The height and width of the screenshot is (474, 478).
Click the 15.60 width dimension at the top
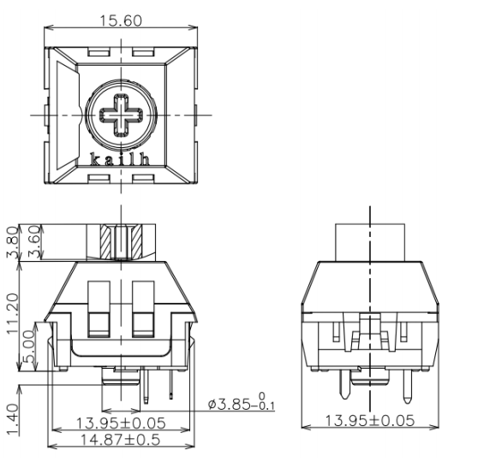(x=121, y=21)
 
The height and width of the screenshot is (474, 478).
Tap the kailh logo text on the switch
(x=120, y=159)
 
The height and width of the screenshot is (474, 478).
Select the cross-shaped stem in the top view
(x=122, y=116)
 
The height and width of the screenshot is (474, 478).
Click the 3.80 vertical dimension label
(x=12, y=242)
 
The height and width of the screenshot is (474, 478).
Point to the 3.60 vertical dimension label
(x=34, y=242)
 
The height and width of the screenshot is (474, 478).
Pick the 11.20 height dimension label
(x=13, y=313)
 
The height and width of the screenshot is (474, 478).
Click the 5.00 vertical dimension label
(x=29, y=347)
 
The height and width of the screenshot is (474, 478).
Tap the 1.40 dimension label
(x=13, y=419)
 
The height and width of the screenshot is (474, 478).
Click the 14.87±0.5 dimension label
(x=120, y=439)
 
